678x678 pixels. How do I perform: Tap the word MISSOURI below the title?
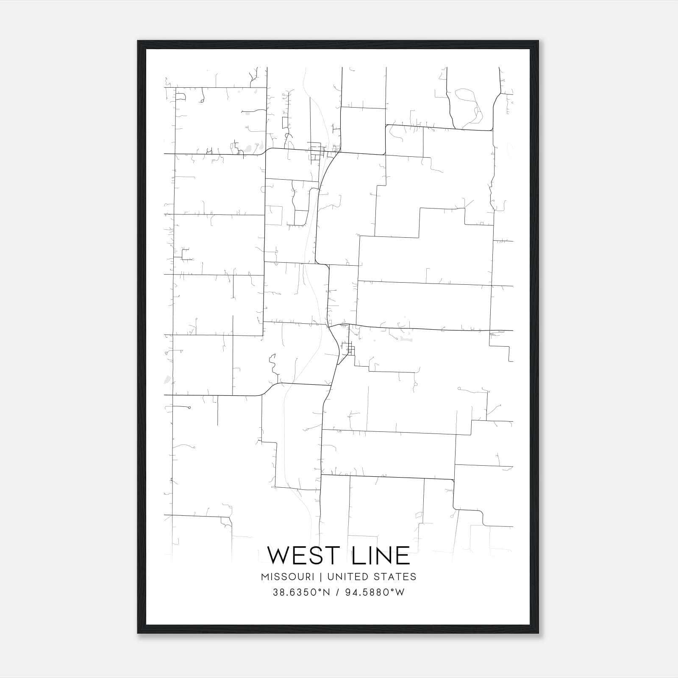click(287, 577)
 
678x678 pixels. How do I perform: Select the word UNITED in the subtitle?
click(345, 577)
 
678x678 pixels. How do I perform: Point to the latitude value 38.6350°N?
click(301, 592)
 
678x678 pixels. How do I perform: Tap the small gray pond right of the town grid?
click(405, 339)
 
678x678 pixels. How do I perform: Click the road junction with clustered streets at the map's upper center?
click(317, 151)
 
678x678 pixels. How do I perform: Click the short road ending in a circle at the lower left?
click(189, 408)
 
